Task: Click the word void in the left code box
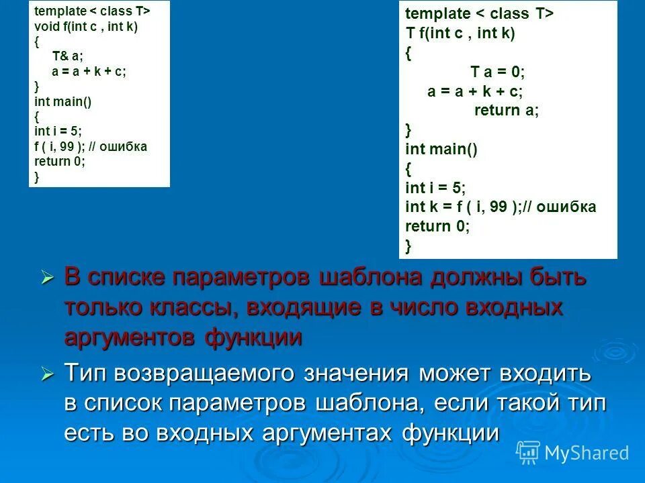[x=44, y=27]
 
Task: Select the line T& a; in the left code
[x=66, y=56]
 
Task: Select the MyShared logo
[x=573, y=453]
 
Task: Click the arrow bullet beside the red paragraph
[x=46, y=276]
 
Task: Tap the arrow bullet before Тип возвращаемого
[x=46, y=374]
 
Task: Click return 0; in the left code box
[x=60, y=161]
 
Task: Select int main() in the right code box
[x=441, y=149]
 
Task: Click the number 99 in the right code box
[x=498, y=207]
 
